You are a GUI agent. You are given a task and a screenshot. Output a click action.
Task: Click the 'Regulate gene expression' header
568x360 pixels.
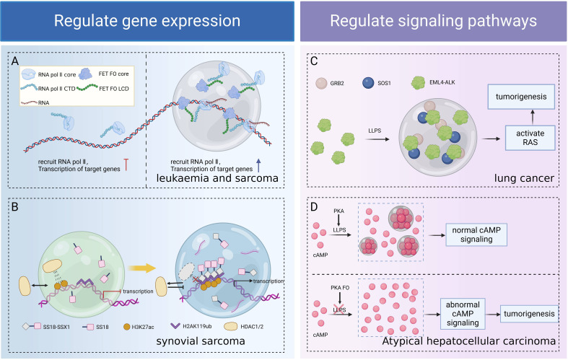click(x=147, y=21)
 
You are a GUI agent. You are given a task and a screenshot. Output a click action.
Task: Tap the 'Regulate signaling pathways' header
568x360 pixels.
click(x=433, y=21)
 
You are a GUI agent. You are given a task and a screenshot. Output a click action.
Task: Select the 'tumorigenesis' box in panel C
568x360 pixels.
click(x=521, y=97)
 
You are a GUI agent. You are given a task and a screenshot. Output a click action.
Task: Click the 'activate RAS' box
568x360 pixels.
click(x=530, y=138)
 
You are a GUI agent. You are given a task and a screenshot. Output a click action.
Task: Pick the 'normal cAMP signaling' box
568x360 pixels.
click(x=476, y=234)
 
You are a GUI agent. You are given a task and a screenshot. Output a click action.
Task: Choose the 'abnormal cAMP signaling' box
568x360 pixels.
click(x=463, y=314)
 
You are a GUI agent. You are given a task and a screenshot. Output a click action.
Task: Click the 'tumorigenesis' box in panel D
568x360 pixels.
click(x=529, y=314)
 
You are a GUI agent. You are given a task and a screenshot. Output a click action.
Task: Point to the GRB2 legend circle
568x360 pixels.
click(x=321, y=83)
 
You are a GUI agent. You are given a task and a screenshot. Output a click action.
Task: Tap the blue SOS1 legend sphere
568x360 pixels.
click(x=368, y=83)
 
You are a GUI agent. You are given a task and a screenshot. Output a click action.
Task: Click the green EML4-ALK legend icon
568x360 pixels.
click(x=418, y=83)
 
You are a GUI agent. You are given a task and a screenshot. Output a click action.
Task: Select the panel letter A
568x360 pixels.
click(x=15, y=61)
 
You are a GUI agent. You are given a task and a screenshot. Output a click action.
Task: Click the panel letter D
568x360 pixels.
click(x=314, y=207)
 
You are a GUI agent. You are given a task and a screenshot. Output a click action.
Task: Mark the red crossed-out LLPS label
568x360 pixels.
click(x=339, y=310)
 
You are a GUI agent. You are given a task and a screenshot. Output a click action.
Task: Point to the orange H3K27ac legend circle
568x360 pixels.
click(x=127, y=327)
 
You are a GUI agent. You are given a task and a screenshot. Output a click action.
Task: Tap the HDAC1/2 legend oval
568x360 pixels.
click(x=231, y=326)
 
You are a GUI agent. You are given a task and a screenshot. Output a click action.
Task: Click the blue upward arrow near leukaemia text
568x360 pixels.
click(x=258, y=165)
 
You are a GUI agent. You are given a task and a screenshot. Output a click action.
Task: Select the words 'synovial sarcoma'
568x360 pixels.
click(x=201, y=341)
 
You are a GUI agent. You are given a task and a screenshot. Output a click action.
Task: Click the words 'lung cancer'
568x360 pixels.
click(x=524, y=178)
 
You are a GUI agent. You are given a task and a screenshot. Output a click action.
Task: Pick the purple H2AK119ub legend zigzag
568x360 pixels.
click(x=175, y=326)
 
